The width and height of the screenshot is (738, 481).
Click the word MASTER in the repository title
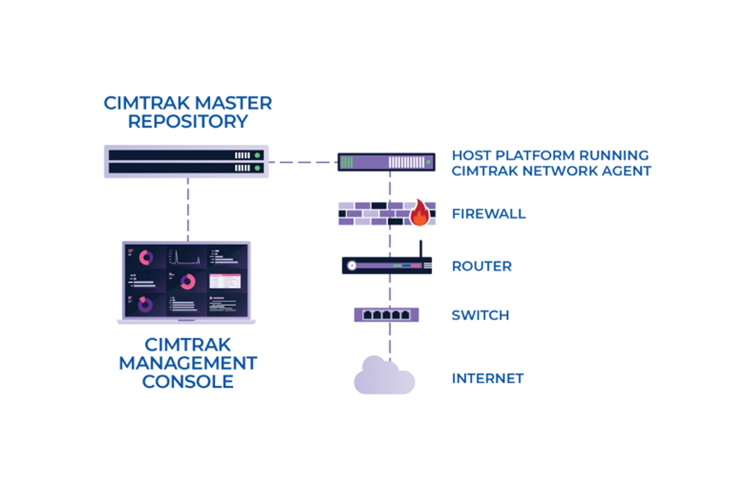233,103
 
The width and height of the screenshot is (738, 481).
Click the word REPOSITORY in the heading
188,122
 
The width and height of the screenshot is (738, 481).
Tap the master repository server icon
186,161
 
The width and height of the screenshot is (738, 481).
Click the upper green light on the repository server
257,156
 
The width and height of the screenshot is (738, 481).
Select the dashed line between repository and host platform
302,162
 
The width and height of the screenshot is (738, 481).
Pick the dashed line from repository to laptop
188,209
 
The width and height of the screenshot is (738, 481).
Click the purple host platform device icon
386,162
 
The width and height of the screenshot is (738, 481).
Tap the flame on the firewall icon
420,213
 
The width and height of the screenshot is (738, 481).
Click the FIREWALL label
489,214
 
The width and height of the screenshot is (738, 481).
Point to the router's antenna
421,249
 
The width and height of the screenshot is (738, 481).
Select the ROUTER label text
482,266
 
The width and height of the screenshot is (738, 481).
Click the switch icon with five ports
386,315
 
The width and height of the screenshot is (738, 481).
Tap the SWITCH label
480,315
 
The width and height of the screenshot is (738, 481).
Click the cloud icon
384,377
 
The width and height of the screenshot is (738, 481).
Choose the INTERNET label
488,379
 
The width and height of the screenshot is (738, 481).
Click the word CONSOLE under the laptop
188,382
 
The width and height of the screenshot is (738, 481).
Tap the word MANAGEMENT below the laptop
188,363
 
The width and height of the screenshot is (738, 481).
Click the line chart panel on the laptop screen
185,257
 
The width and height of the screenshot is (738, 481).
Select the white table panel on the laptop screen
225,282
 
